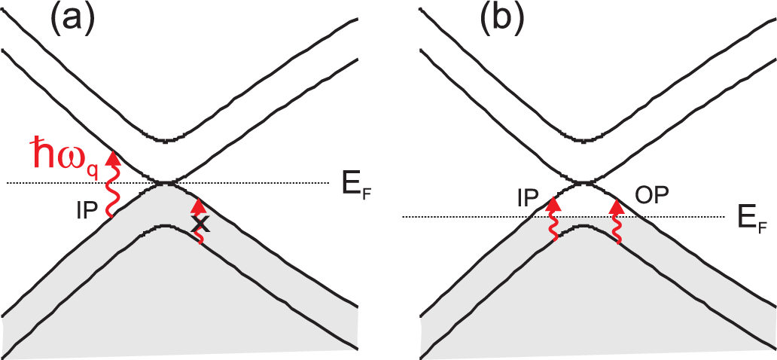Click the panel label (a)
point(72,19)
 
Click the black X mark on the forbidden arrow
point(200,224)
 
